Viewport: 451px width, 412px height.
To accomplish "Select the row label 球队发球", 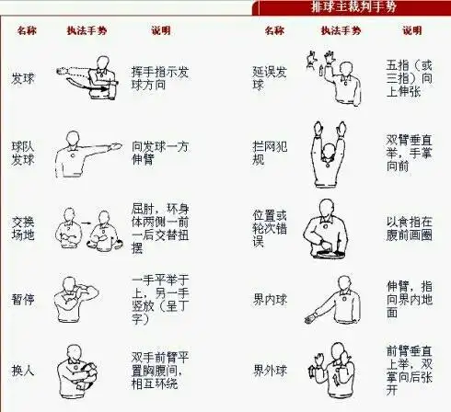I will (22, 152).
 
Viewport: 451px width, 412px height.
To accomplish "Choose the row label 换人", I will (22, 369).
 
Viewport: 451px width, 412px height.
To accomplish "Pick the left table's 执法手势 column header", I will (84, 30).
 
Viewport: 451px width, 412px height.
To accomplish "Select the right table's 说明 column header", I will (411, 30).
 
